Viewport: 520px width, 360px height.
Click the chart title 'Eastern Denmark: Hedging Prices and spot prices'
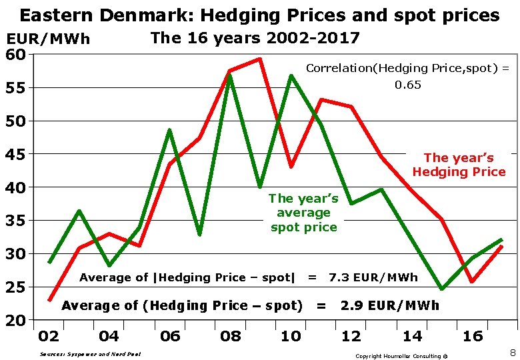(259, 15)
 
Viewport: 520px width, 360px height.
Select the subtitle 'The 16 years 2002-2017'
(255, 38)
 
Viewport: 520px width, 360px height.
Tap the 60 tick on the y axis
(16, 54)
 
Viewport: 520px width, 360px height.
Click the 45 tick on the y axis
(16, 154)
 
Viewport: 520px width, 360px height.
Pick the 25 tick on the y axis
(16, 287)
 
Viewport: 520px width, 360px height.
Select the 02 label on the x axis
(49, 336)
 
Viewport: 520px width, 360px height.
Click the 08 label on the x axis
(230, 336)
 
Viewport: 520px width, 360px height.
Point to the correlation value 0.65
(407, 85)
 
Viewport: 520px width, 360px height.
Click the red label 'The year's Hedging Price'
(459, 165)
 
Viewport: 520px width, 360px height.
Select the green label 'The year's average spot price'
(303, 213)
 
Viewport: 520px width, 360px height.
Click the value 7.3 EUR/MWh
(373, 277)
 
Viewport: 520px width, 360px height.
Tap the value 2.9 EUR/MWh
(390, 305)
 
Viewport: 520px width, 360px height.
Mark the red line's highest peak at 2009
(259, 59)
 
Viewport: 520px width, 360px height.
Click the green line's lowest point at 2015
(441, 289)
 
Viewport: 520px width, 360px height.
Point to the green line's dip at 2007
(199, 234)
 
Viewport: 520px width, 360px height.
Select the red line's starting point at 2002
(50, 300)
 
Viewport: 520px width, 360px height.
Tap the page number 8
(512, 351)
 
